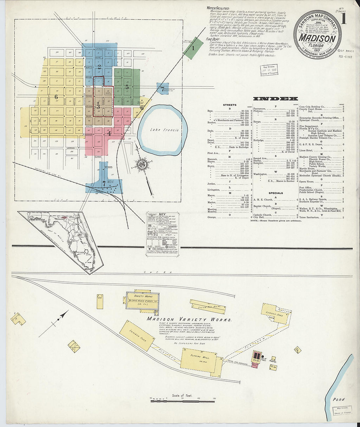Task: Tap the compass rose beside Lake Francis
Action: [x=143, y=163]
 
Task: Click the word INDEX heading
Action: [x=276, y=98]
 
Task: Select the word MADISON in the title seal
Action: [x=317, y=39]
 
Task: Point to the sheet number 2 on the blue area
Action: [x=99, y=66]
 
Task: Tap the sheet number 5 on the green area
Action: [x=127, y=87]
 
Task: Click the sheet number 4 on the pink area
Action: [x=109, y=133]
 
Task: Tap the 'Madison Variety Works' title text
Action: [x=189, y=319]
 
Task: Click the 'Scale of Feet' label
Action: [x=182, y=396]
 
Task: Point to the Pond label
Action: [x=339, y=400]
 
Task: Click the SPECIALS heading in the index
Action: [x=276, y=193]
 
